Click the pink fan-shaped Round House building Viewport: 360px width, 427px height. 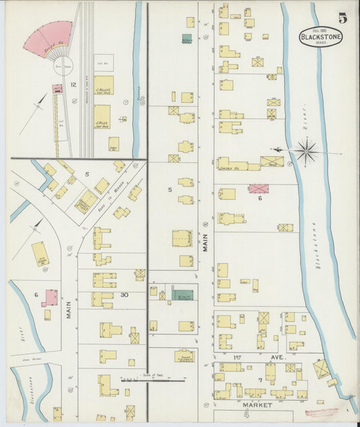[48, 38]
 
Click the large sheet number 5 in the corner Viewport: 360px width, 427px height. [343, 18]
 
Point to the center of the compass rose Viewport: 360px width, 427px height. [306, 150]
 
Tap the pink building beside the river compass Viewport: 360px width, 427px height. [258, 189]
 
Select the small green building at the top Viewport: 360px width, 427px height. [186, 39]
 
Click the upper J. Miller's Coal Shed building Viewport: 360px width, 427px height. [103, 84]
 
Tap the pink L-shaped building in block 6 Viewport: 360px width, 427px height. [49, 297]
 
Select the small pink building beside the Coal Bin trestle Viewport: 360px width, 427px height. [57, 88]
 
